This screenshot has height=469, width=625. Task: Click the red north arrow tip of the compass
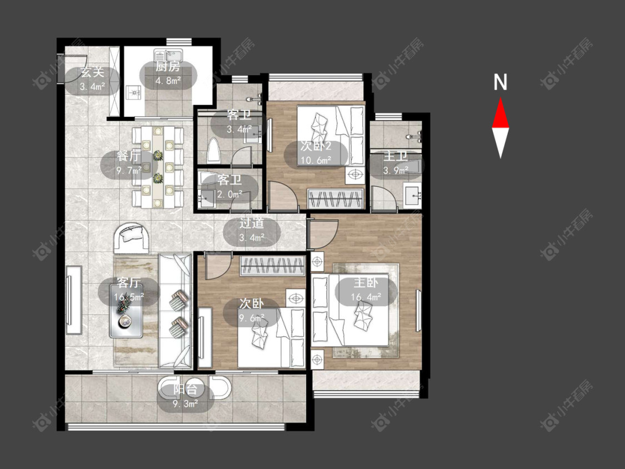501,98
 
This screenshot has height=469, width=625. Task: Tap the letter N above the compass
500,82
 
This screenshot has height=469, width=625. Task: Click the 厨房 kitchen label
167,67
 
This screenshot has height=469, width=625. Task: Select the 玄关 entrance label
92,73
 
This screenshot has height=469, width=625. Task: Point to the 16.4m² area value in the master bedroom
366,297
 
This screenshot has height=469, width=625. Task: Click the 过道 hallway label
252,223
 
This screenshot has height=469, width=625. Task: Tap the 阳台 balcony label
186,390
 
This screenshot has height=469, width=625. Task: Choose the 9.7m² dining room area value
129,171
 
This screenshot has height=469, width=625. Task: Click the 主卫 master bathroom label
396,156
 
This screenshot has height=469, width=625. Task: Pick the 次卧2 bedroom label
316,146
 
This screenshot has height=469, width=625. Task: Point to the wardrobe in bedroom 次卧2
336,198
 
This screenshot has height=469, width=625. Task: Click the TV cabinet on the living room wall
74,300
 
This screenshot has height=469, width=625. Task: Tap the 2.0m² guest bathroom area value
230,194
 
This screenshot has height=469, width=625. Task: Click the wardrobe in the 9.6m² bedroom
273,266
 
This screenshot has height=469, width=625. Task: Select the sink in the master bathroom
413,196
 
